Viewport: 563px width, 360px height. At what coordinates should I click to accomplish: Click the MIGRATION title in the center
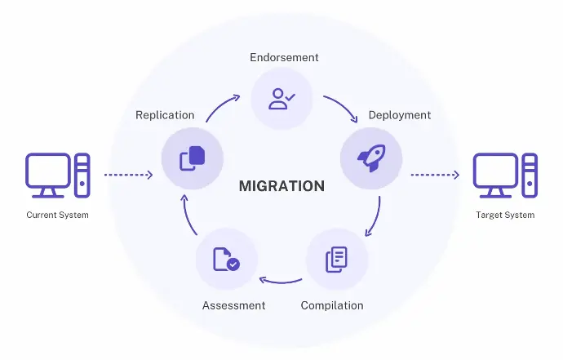pyautogui.click(x=281, y=185)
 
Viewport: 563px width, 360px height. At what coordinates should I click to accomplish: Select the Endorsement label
pyautogui.click(x=283, y=58)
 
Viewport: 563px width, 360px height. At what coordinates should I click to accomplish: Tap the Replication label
pyautogui.click(x=165, y=115)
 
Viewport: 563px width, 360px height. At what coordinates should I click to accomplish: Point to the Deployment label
pyautogui.click(x=399, y=115)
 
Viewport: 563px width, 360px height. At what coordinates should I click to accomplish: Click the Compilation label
pyautogui.click(x=332, y=305)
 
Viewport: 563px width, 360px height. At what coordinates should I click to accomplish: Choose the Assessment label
pyautogui.click(x=233, y=305)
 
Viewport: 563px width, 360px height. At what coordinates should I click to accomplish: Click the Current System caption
pyautogui.click(x=57, y=216)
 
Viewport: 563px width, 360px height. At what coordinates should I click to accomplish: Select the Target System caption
pyautogui.click(x=505, y=216)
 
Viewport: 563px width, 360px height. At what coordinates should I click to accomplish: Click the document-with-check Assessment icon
pyautogui.click(x=226, y=260)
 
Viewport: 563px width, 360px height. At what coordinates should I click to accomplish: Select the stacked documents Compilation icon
pyautogui.click(x=336, y=260)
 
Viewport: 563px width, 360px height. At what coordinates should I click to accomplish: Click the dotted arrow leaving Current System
pyautogui.click(x=128, y=175)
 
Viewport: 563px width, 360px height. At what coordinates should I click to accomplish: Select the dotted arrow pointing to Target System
pyautogui.click(x=435, y=175)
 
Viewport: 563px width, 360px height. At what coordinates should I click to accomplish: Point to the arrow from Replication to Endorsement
pyautogui.click(x=221, y=106)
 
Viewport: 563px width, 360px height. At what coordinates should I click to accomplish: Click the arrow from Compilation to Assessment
pyautogui.click(x=281, y=282)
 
